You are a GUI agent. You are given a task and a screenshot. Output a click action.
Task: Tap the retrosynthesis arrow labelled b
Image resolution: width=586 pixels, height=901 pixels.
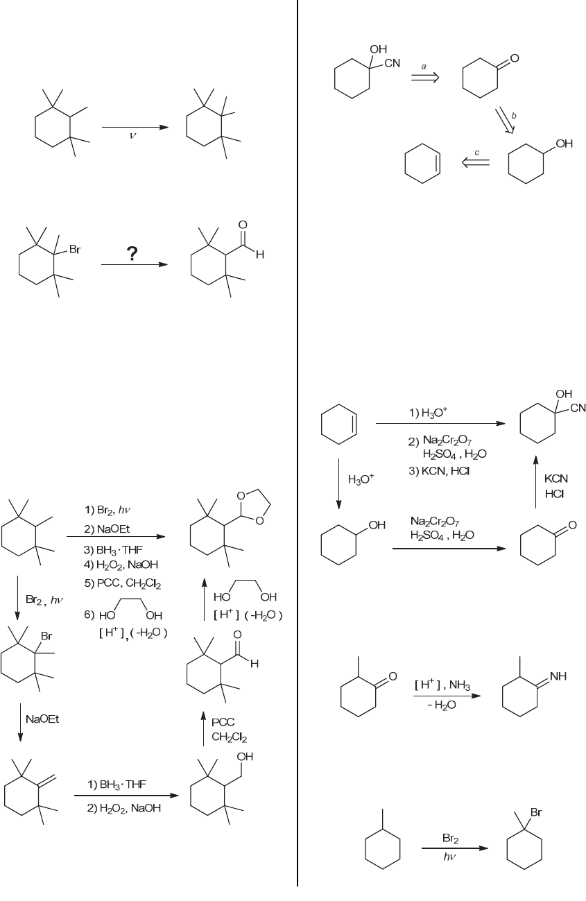click(504, 119)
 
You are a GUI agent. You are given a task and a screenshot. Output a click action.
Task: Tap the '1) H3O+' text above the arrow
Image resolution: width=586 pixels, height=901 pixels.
click(428, 411)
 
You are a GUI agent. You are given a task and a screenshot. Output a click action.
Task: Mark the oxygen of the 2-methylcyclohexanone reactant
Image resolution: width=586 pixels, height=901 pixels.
click(392, 676)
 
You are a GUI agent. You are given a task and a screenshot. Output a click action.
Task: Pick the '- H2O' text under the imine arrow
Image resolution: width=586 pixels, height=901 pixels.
click(441, 703)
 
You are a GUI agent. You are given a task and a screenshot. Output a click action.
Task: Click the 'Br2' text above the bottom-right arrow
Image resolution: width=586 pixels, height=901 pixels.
click(451, 838)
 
